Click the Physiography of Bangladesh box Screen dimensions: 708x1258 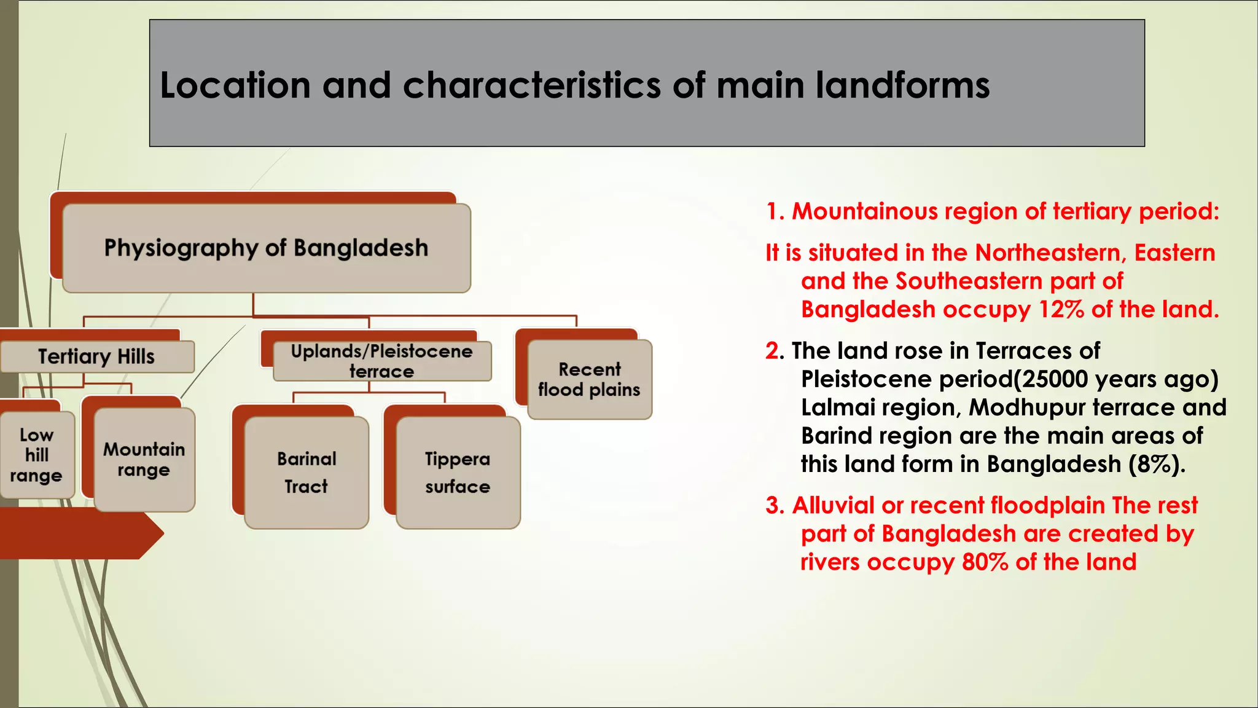click(x=266, y=248)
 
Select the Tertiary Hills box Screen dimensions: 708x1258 click(x=96, y=356)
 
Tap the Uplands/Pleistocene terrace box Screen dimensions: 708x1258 click(x=381, y=361)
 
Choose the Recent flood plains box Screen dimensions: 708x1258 click(x=589, y=380)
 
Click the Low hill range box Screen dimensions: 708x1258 click(x=36, y=455)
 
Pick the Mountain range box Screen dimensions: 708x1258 click(x=144, y=460)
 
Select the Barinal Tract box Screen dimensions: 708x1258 click(x=307, y=473)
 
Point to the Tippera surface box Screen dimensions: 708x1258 click(x=458, y=473)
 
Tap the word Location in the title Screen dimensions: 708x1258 click(x=235, y=85)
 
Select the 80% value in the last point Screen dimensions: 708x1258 click(x=985, y=562)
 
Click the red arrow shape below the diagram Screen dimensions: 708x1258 click(x=80, y=535)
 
